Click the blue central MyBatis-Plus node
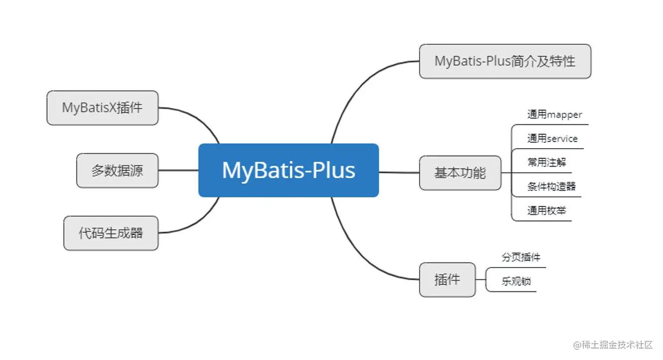[288, 170]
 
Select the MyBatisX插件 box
[102, 107]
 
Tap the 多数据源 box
[117, 171]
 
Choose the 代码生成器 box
[111, 233]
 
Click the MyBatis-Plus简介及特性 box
[505, 61]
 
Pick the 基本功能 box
[460, 173]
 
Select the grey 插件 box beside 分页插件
[447, 279]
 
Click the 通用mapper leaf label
[554, 114]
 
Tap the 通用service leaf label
[552, 139]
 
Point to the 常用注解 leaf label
[547, 162]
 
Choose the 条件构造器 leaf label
[551, 186]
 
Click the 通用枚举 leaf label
[546, 210]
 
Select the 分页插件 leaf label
[521, 258]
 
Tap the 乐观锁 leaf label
[516, 281]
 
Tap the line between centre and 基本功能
[399, 173]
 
